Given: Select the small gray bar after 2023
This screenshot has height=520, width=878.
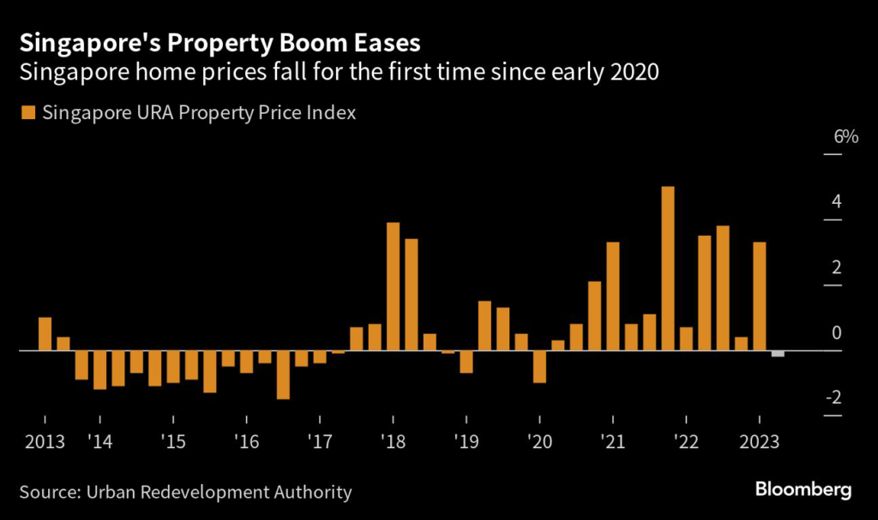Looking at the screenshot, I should pos(778,354).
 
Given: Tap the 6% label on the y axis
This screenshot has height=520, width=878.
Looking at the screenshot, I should pos(845,137).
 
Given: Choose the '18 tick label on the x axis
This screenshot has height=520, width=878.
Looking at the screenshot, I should pos(393,443).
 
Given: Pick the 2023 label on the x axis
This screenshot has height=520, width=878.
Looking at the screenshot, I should pos(759,443).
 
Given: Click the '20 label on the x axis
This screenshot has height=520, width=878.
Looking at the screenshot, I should pos(539,443).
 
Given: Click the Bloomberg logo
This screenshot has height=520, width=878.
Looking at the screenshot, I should pos(803,490).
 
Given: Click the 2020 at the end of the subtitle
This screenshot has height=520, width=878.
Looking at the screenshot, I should pos(633,72).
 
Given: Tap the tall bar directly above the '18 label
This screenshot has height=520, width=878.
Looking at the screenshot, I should pos(394,286).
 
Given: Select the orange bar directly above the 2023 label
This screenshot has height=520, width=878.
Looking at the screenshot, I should pos(759,296).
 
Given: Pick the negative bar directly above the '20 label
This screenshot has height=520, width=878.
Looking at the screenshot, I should pos(539,367).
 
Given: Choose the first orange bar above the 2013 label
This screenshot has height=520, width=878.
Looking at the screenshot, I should pos(45,334).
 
